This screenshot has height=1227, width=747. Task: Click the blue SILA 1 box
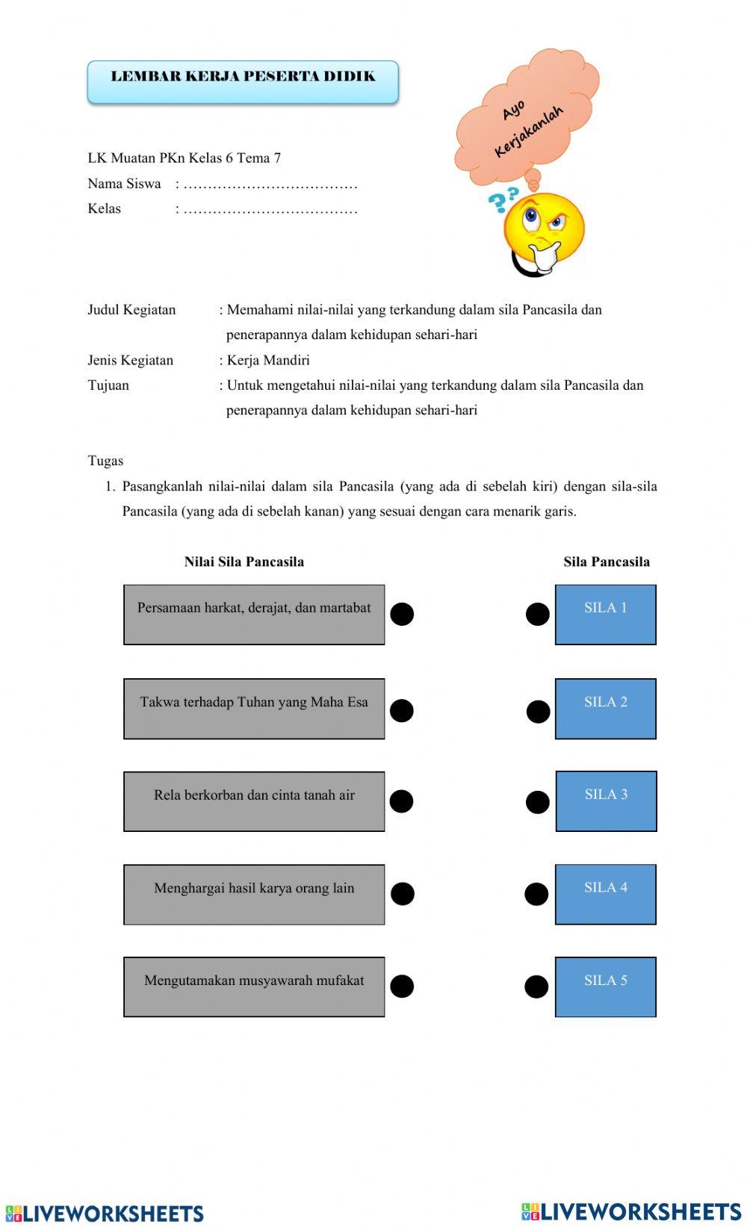click(605, 614)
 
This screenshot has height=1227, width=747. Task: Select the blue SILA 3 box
click(606, 801)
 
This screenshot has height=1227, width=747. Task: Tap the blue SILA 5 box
click(605, 987)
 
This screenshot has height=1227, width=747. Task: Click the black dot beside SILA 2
click(538, 711)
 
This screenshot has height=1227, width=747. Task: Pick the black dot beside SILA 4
click(536, 894)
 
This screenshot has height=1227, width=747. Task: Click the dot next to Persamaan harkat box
click(402, 614)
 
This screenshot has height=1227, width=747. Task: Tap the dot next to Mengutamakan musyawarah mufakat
click(402, 987)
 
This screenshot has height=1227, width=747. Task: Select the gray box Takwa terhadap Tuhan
click(254, 709)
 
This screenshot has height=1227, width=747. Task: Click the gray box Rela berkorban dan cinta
click(254, 801)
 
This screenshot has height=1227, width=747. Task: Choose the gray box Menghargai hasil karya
click(254, 895)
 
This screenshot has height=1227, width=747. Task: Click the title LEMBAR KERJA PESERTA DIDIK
click(243, 77)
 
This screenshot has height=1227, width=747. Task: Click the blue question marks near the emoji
click(502, 199)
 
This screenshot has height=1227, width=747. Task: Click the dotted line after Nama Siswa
click(270, 184)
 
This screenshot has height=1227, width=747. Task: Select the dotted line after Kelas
click(270, 210)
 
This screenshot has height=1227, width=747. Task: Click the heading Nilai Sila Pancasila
click(244, 562)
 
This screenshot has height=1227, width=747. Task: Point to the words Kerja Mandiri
click(268, 360)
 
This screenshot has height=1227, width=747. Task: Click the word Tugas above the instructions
click(105, 461)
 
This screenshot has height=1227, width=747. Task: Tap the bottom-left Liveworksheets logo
click(105, 1213)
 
